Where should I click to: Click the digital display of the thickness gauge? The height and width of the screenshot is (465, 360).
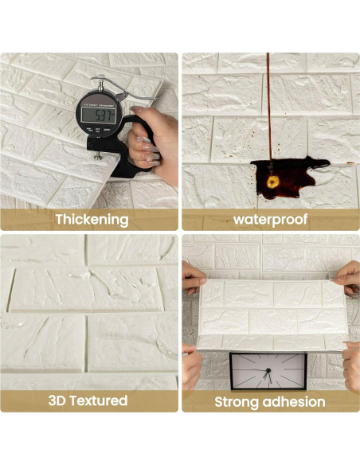coord(99,115)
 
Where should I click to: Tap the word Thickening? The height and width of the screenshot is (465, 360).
coord(92,220)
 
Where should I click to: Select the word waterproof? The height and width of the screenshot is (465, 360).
coord(270,220)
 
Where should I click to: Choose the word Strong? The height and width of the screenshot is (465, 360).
coord(237,402)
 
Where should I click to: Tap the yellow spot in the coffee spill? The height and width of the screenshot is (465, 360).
coord(273,182)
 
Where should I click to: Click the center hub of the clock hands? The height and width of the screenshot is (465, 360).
coord(268,370)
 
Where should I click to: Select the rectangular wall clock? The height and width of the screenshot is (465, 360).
coord(268,371)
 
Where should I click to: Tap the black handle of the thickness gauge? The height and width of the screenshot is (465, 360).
coord(124,148)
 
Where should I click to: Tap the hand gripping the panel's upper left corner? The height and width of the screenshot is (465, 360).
coord(194,278)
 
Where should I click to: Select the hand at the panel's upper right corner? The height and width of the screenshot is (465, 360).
coord(347,278)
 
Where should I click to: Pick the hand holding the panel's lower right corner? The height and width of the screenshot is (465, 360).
coord(352,365)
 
